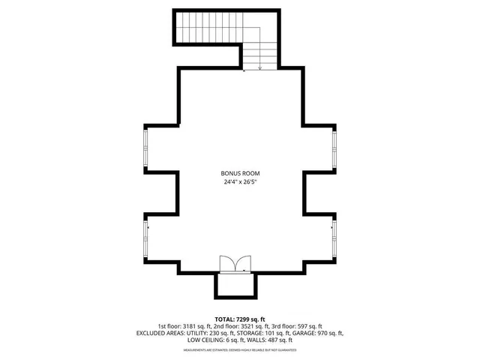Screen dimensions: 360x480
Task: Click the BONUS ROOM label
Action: pos(239,172)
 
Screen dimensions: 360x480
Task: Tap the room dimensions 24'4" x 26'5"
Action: pos(239,182)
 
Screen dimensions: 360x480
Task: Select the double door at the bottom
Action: pos(236,263)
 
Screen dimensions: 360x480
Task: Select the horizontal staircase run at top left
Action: pos(207,27)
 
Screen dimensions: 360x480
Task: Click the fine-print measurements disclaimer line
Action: pos(239,350)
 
